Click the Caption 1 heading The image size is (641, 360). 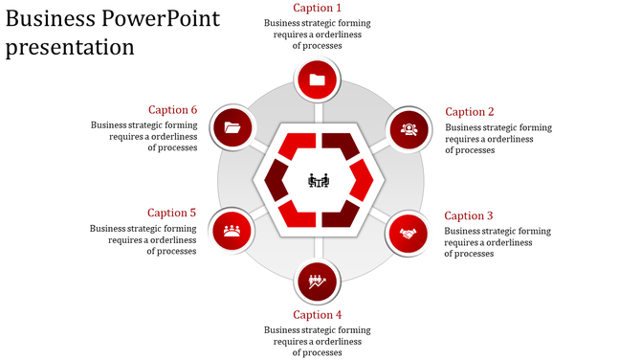pyautogui.click(x=317, y=9)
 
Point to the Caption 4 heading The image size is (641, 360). pyautogui.click(x=317, y=315)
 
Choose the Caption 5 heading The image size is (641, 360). pyautogui.click(x=172, y=213)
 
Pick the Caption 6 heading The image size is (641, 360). pyautogui.click(x=172, y=110)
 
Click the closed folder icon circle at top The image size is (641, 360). pyautogui.click(x=318, y=80)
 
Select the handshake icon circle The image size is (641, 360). pyautogui.click(x=409, y=233)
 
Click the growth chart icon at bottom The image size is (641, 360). pyautogui.click(x=318, y=281)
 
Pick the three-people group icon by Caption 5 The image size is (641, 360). pyautogui.click(x=232, y=230)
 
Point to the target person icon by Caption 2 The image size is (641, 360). pyautogui.click(x=409, y=128)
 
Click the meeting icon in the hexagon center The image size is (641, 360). pyautogui.click(x=319, y=180)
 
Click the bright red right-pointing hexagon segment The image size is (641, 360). pyautogui.click(x=362, y=180)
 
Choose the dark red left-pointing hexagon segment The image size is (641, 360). pyautogui.click(x=276, y=180)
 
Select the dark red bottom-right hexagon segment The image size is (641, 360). pyautogui.click(x=340, y=214)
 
